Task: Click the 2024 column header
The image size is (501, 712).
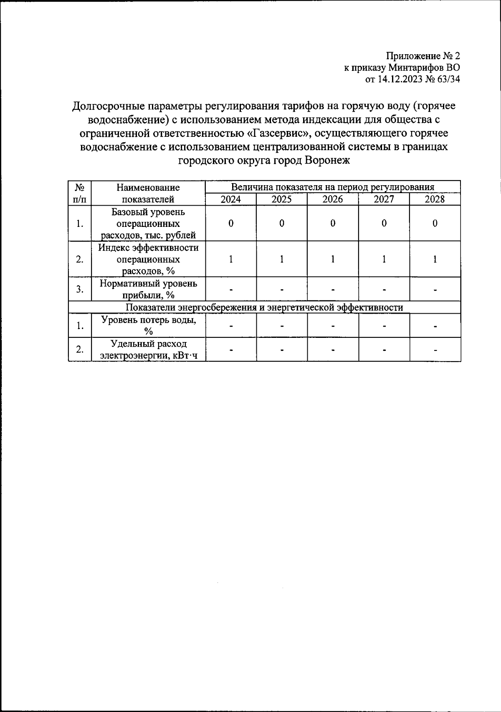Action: point(231,199)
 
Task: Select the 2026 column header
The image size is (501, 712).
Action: point(333,199)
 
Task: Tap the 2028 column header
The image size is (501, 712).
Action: point(435,199)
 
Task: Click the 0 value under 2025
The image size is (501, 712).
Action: point(282,224)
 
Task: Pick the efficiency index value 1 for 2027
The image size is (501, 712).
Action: point(384,259)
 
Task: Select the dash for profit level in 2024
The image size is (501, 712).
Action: point(231,289)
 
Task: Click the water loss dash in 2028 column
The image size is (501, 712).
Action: point(435,326)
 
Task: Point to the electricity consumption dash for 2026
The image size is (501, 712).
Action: point(333,350)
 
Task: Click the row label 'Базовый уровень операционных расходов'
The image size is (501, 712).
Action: point(148,224)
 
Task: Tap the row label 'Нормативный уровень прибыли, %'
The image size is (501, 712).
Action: point(148,289)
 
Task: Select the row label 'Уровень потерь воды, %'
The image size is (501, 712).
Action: point(148,326)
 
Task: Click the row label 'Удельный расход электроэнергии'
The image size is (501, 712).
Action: point(148,350)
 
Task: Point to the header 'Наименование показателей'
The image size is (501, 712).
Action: point(148,193)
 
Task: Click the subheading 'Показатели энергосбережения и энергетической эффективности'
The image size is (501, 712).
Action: point(264,308)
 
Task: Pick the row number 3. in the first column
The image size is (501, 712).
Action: point(80,289)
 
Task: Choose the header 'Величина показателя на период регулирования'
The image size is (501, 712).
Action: point(333,187)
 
